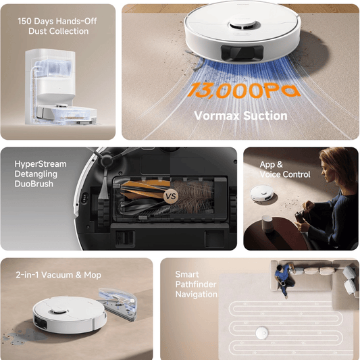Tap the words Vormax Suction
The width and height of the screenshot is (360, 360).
tap(240, 115)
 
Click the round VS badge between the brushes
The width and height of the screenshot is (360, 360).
tap(172, 198)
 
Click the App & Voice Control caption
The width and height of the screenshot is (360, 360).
tap(285, 170)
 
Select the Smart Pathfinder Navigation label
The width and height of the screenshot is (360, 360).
tap(197, 284)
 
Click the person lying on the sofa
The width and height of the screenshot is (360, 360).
tap(284, 276)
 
